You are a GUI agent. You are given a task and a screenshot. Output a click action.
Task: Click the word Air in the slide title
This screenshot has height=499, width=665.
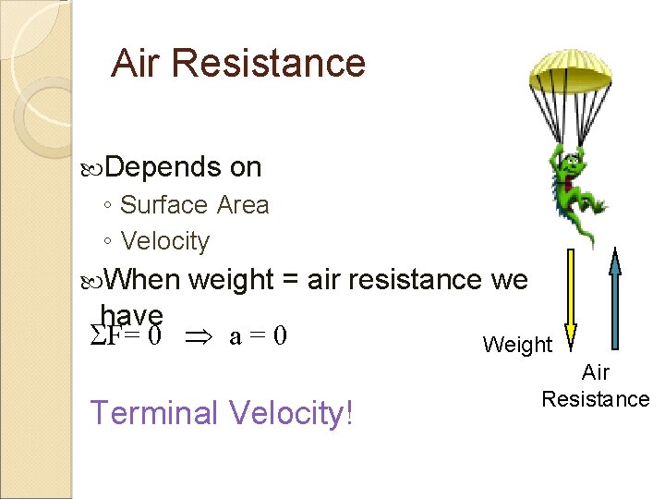(x=136, y=63)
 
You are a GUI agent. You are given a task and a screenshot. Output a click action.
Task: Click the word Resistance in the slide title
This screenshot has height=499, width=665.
(x=269, y=63)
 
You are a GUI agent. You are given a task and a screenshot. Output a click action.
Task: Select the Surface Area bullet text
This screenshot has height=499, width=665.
(x=194, y=205)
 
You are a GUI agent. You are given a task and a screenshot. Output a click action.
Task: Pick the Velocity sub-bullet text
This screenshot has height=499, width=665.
(x=165, y=241)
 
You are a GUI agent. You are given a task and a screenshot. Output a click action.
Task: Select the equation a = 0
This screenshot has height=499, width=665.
(x=258, y=335)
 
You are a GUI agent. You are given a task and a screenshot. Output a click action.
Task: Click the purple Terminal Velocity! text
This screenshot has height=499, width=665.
(x=222, y=412)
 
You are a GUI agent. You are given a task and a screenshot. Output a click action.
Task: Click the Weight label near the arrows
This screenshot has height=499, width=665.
(x=517, y=346)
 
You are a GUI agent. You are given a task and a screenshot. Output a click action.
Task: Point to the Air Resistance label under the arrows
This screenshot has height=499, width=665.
(x=596, y=386)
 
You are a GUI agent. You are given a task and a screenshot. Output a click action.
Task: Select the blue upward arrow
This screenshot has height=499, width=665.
(x=615, y=296)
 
